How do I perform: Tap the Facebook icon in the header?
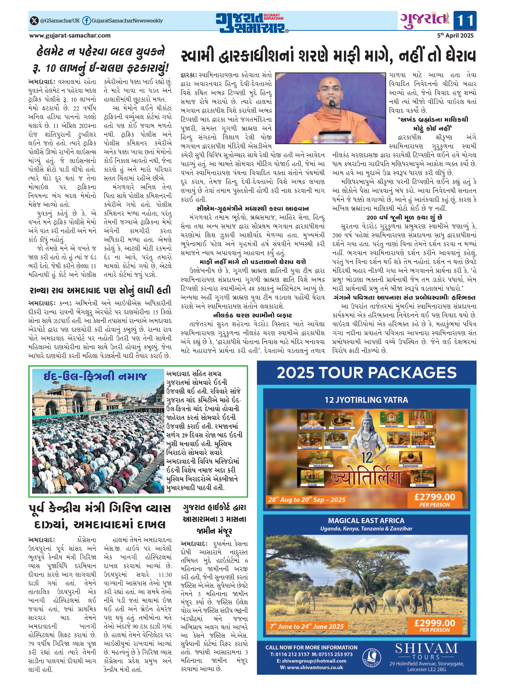point(87,21)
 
